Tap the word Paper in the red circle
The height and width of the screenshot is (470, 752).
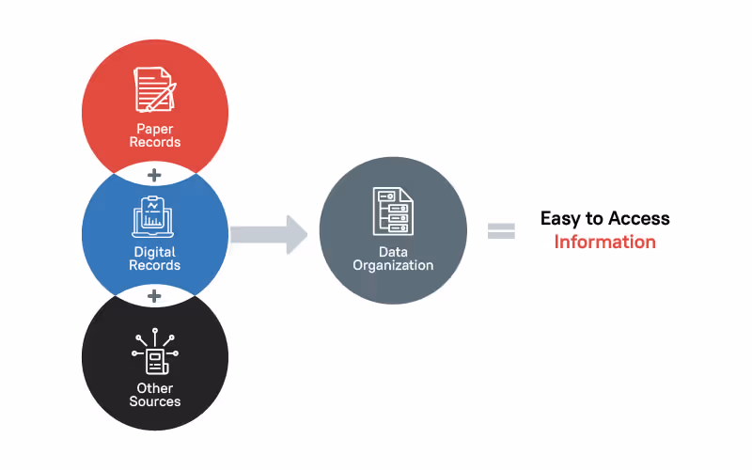[x=155, y=130]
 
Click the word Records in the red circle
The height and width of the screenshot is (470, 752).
[x=155, y=143]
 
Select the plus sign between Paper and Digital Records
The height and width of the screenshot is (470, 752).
[x=155, y=176]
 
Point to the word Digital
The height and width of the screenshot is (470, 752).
[x=155, y=252]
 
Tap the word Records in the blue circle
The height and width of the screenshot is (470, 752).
[x=155, y=265]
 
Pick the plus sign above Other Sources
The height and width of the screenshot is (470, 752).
[x=155, y=297]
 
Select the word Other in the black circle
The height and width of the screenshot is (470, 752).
[x=155, y=388]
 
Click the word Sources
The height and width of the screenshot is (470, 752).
[x=155, y=401]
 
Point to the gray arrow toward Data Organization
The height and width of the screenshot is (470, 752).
[x=269, y=234]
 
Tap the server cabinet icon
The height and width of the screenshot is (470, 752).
[x=393, y=211]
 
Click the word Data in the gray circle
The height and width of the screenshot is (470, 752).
[x=393, y=252]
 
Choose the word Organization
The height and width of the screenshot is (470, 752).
[x=393, y=265]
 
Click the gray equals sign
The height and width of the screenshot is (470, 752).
[x=501, y=231]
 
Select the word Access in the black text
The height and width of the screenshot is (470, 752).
[x=638, y=219]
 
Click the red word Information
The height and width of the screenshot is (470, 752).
[x=604, y=243]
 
